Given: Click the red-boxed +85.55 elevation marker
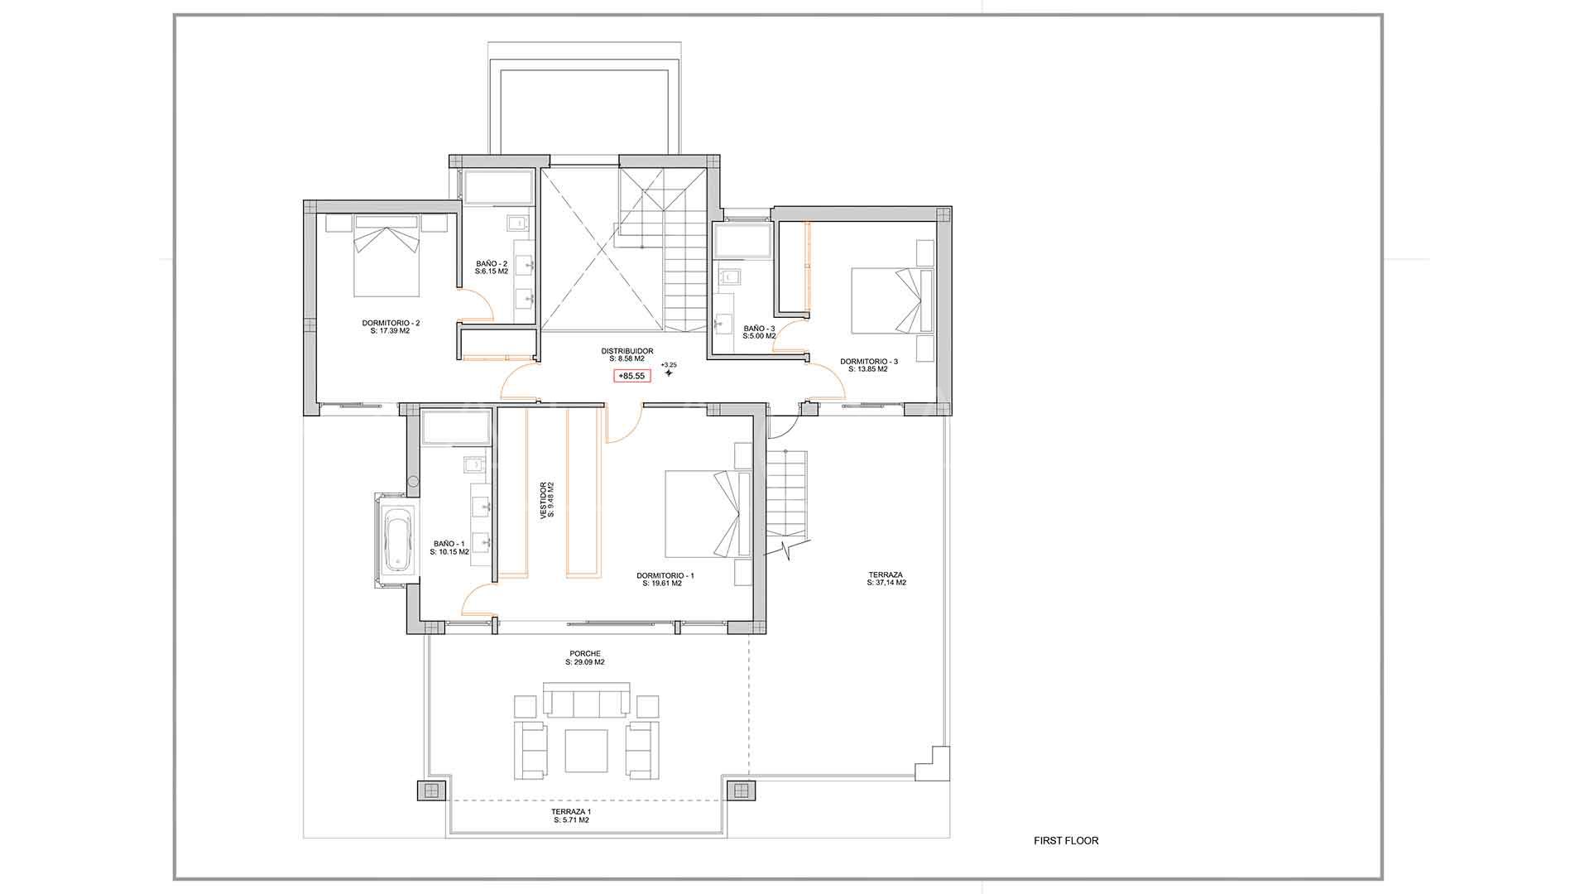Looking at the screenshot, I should pyautogui.click(x=632, y=376).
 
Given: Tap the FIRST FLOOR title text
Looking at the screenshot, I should pyautogui.click(x=1066, y=841).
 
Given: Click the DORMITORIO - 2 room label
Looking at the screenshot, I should pyautogui.click(x=391, y=326).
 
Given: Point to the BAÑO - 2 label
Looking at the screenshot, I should pyautogui.click(x=492, y=267).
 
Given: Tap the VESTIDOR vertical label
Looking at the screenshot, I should pyautogui.click(x=547, y=501).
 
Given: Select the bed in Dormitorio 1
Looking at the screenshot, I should pyautogui.click(x=707, y=513).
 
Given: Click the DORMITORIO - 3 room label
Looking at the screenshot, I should pyautogui.click(x=868, y=365).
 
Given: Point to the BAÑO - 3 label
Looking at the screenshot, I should pyautogui.click(x=759, y=332).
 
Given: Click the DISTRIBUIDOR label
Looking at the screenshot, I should pyautogui.click(x=626, y=354).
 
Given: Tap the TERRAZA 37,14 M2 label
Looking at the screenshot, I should pyautogui.click(x=886, y=578).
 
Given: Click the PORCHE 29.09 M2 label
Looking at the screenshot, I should pyautogui.click(x=585, y=657).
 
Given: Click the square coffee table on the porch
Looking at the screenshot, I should pyautogui.click(x=586, y=750).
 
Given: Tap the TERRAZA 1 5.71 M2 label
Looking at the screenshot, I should pyautogui.click(x=571, y=815).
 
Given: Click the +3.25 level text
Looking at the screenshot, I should pyautogui.click(x=669, y=365).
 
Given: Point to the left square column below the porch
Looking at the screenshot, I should pyautogui.click(x=430, y=790).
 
